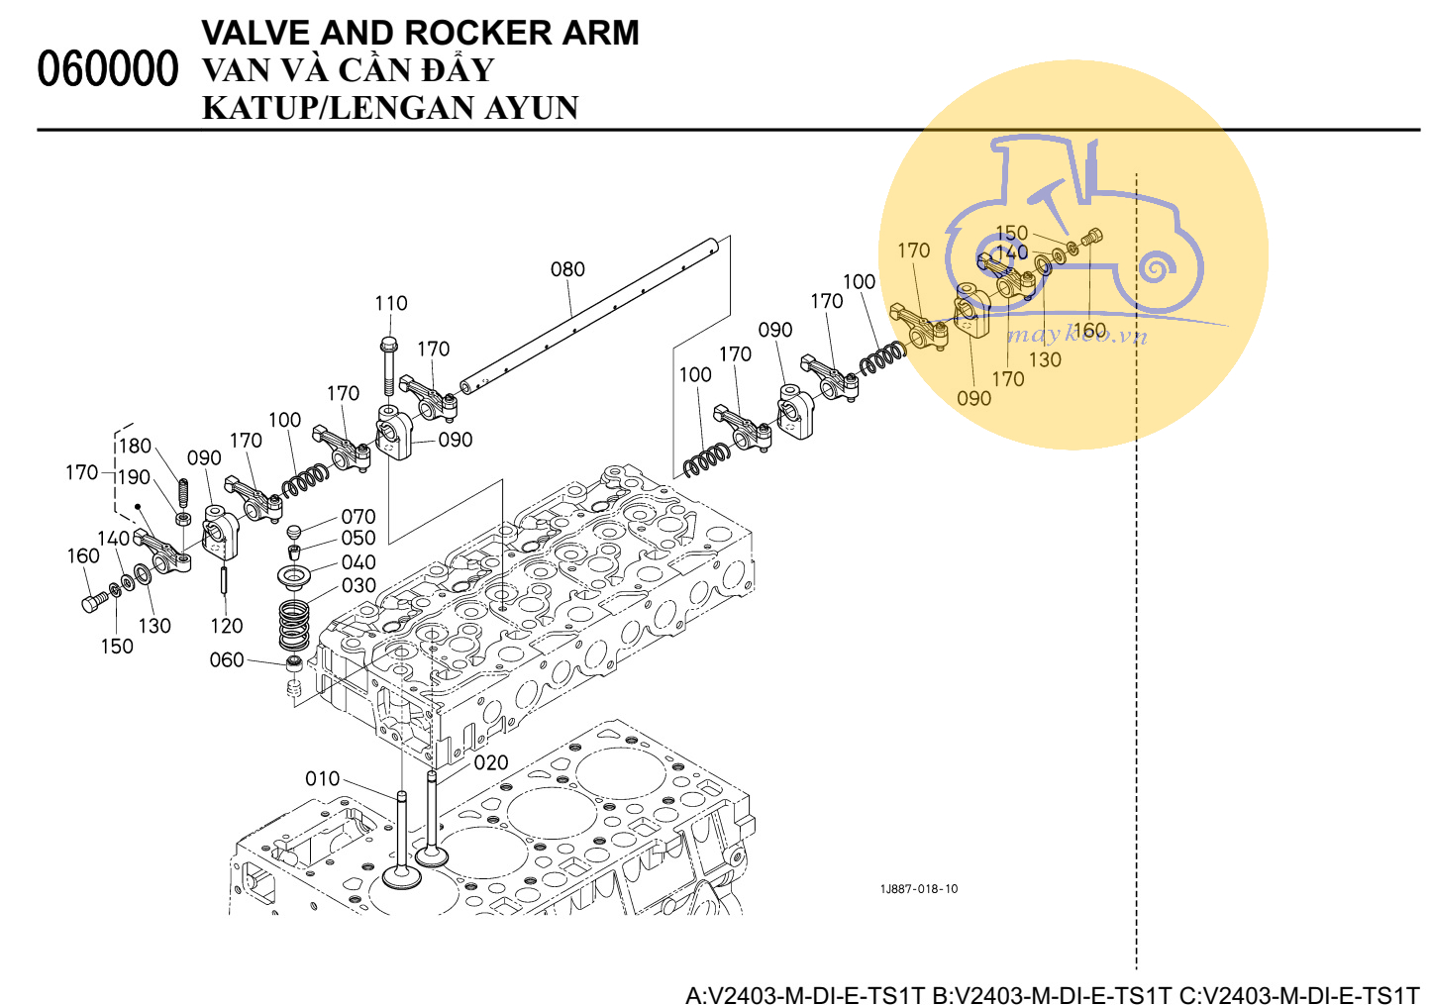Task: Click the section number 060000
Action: coord(108,69)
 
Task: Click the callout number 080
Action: coord(567,269)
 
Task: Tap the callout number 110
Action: coord(391,303)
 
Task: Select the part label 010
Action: coord(323,779)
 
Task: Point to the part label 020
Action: coord(491,762)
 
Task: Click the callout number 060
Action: coord(227,659)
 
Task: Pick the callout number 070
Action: coord(358,517)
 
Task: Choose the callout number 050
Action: coord(358,539)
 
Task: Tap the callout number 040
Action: coord(358,562)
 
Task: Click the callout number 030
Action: coord(358,586)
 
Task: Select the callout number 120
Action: coord(227,626)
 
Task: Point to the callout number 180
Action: coord(136,446)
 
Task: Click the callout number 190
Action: coord(135,477)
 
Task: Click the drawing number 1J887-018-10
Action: coord(919,889)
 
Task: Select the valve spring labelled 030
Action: coord(294,624)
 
